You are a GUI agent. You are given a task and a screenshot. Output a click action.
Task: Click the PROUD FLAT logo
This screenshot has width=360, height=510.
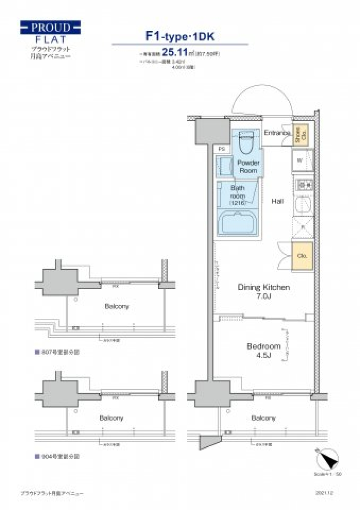click(50, 33)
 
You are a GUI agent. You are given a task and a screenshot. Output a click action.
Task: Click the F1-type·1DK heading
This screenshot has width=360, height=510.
click(180, 36)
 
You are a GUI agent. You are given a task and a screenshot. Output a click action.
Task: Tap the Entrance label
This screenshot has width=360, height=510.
click(277, 133)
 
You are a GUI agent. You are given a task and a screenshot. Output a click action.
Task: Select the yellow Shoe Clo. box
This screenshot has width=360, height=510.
click(300, 134)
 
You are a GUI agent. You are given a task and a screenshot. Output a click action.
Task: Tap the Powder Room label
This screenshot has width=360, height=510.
click(248, 166)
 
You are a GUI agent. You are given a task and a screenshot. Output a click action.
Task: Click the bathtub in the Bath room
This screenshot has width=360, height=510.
click(237, 223)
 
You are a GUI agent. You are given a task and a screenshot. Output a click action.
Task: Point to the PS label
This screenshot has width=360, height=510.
click(222, 149)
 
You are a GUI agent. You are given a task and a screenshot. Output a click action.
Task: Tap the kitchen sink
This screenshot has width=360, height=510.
click(302, 205)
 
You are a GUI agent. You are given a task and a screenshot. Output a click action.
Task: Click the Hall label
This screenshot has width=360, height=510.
click(277, 201)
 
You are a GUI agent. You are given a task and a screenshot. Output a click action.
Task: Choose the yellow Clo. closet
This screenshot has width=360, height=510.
click(302, 256)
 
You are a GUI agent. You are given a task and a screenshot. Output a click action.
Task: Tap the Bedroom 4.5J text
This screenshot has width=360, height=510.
click(264, 350)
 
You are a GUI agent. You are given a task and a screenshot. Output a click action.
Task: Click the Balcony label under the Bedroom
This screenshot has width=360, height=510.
click(263, 418)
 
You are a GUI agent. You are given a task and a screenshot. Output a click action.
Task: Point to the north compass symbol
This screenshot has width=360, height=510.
click(327, 459)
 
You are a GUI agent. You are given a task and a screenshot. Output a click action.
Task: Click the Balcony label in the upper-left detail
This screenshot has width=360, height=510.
click(117, 306)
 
